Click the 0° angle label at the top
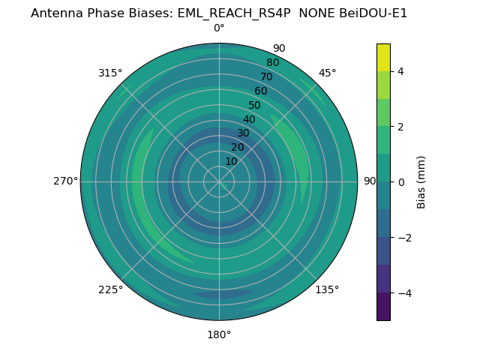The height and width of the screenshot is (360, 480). coord(219,28)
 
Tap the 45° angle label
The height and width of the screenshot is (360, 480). coord(327,73)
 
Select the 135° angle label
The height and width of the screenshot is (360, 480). coord(327,289)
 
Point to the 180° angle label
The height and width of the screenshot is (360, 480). coord(219,334)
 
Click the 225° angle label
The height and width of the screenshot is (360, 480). coord(110,289)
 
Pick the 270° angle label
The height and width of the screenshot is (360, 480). coord(65,181)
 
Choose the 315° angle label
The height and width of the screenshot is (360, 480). coord(110,73)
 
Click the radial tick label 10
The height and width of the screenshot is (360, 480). coord(231,161)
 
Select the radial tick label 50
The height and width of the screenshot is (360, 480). coord(255,106)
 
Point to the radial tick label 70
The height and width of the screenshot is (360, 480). coord(266,77)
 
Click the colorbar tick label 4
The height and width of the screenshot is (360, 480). coord(400,71)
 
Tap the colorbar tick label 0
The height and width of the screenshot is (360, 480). coord(400,182)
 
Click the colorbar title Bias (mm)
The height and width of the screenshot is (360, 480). coord(421,181)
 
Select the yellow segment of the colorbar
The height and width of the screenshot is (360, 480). coord(383,57)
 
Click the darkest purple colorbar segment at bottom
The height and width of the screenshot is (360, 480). coord(383,307)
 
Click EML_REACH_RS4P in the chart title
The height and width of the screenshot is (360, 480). coord(233,13)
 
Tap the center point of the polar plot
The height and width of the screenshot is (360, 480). coord(219,181)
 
